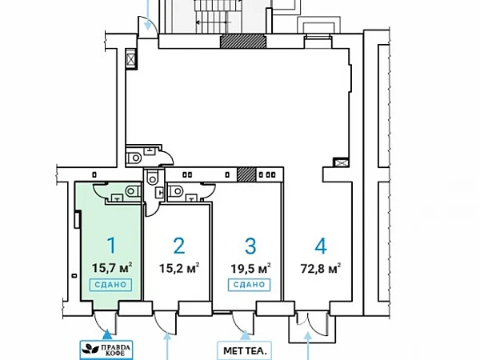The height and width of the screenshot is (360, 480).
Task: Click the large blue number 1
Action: click(112, 246)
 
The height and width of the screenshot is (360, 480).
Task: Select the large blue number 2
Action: click(179, 246)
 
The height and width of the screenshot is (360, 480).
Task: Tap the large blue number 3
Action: click(250, 246)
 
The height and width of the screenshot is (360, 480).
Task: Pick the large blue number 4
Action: click(321, 246)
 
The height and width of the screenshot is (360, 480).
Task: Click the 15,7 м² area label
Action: click(112, 268)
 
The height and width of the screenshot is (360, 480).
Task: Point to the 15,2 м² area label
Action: click(179, 268)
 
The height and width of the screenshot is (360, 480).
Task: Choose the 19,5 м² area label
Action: click(250, 268)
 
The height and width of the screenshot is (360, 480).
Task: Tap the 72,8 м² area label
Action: click(321, 268)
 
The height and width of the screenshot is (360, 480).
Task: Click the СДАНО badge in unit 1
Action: click(110, 285)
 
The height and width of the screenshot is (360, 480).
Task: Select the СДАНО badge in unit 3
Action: click(249, 285)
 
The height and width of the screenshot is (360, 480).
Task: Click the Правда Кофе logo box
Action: click(106, 350)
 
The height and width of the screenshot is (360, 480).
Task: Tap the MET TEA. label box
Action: click(244, 350)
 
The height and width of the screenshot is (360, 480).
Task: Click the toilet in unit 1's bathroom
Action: click(133, 192)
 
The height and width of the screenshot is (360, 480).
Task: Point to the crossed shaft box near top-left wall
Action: click(131, 58)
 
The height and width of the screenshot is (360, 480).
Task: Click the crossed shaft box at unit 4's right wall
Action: click(341, 162)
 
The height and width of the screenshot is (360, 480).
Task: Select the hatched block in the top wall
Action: click(243, 41)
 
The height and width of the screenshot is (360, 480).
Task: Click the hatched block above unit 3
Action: click(246, 174)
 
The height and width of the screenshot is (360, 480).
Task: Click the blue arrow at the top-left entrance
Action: click(148, 14)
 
